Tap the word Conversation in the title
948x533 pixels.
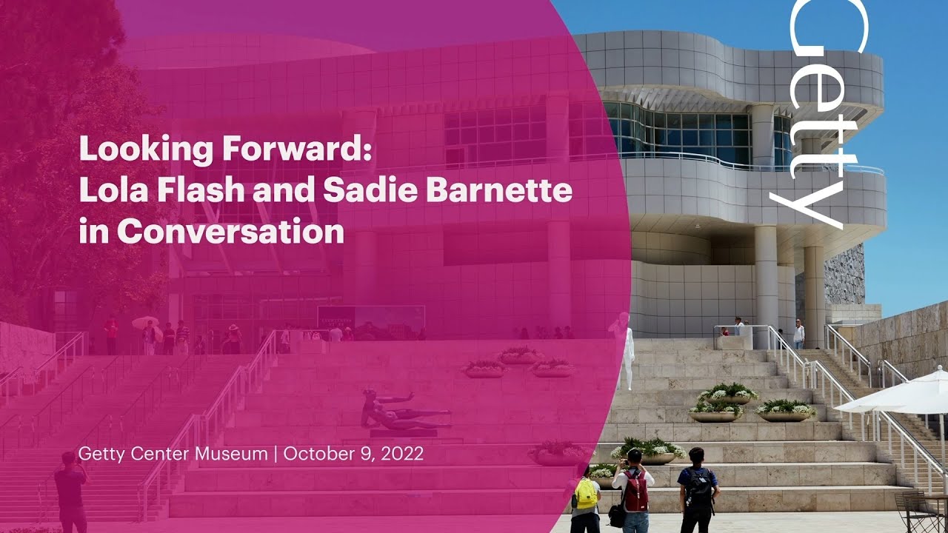click(x=230, y=232)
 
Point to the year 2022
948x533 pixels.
click(x=401, y=454)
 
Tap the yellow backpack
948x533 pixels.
click(x=586, y=494)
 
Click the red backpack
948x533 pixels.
click(x=635, y=490)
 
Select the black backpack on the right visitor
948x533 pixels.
click(x=699, y=487)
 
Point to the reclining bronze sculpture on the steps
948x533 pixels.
click(x=404, y=412)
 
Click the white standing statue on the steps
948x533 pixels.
click(x=627, y=356)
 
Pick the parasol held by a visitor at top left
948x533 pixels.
click(x=145, y=324)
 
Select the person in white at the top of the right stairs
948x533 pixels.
click(x=798, y=334)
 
